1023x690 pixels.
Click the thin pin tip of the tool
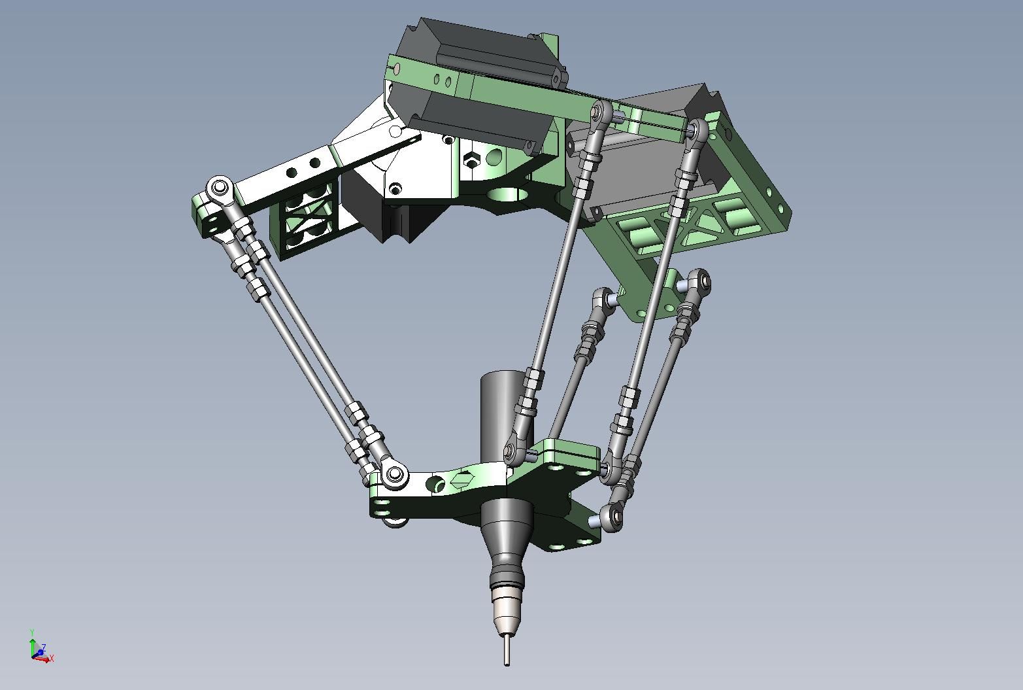click(507, 649)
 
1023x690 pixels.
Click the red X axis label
click(52, 659)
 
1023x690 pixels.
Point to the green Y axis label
click(32, 632)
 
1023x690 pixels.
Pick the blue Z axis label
click(43, 647)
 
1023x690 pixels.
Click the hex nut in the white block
click(471, 161)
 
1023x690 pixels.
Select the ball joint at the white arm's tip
click(218, 188)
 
